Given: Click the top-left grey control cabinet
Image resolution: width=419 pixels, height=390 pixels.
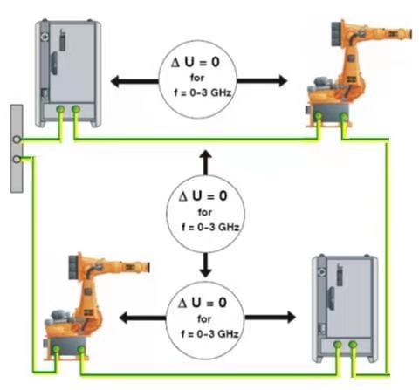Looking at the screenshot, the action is [68, 73].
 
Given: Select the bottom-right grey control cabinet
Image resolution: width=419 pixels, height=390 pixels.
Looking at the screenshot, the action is [345, 308].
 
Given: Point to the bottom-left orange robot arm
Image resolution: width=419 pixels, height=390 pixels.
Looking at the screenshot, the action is [97, 305].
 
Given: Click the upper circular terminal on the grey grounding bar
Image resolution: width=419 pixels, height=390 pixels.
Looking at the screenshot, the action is [17, 140].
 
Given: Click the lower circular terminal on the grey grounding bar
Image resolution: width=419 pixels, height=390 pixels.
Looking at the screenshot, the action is [17, 159].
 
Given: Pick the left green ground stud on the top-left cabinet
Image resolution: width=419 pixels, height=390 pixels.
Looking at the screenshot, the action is [60, 109].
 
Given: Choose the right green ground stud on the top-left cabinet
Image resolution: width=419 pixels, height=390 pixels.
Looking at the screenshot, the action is [76, 109].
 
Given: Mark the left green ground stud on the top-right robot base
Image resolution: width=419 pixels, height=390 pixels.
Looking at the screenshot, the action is [319, 116].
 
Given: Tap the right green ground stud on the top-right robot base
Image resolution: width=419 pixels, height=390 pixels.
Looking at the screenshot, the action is [344, 117].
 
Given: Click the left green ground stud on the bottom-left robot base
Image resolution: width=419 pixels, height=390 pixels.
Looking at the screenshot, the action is [56, 349].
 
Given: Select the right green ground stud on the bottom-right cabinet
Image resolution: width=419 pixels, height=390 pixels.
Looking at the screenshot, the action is [353, 345].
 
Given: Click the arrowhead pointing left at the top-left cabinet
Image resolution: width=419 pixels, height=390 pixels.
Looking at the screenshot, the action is [115, 81].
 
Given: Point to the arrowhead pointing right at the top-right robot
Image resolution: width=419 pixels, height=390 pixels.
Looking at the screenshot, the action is [283, 81].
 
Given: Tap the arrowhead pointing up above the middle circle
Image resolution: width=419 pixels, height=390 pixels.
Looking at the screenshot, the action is [206, 155].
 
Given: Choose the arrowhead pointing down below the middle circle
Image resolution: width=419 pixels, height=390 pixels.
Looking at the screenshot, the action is [206, 272].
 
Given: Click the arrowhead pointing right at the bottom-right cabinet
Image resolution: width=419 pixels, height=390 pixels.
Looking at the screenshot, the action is [291, 317].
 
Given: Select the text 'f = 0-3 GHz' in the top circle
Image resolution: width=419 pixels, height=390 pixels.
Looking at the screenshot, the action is [203, 92].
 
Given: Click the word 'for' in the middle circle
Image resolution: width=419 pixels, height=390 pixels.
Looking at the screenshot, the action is [205, 212].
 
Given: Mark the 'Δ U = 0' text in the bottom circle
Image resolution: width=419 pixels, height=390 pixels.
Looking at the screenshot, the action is [203, 303].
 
